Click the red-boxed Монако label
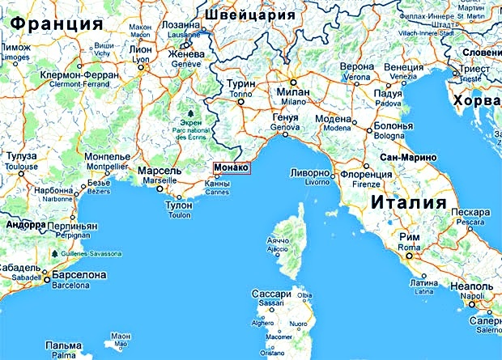point(232,168)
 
